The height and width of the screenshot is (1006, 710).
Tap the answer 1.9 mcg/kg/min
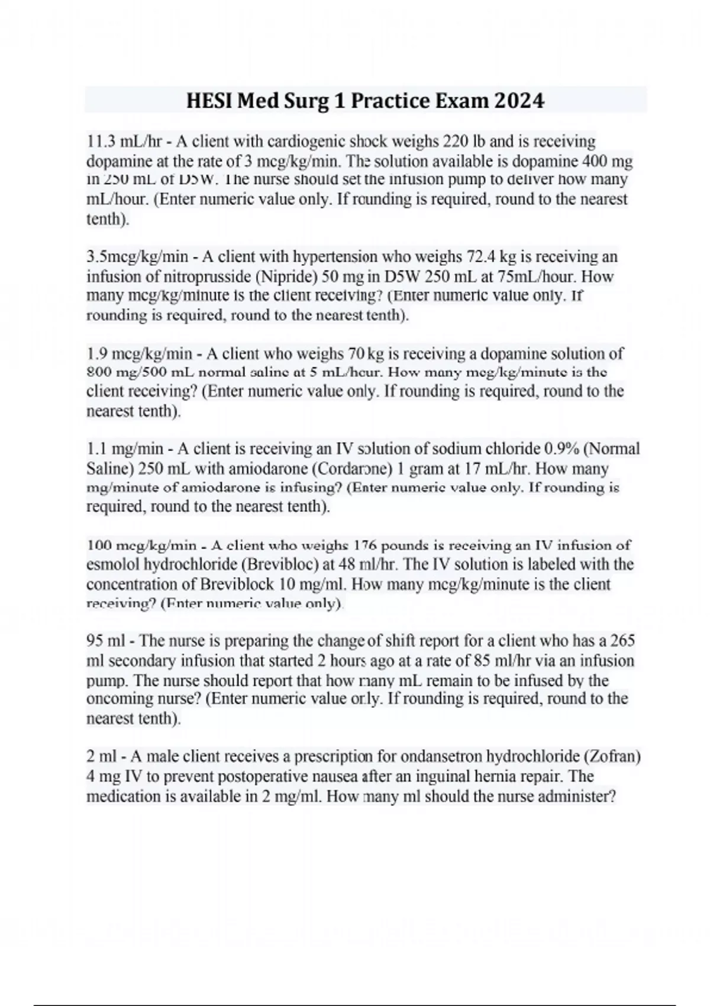click(140, 354)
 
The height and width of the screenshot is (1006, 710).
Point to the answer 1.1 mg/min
click(125, 449)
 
